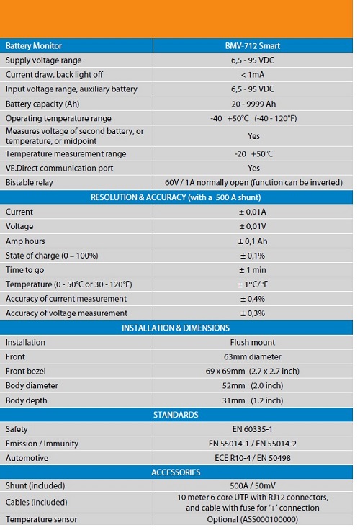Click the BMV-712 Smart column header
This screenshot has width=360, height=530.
[x=253, y=46]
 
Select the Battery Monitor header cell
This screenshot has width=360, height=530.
[x=34, y=46]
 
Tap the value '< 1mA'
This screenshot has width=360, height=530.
[x=253, y=75]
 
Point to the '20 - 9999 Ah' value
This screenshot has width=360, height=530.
[x=253, y=104]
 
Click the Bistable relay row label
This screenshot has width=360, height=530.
[x=30, y=183]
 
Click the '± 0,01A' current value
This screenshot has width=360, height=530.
[x=253, y=212]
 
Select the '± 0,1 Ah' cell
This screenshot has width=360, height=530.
[x=253, y=241]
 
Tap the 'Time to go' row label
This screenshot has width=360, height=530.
[x=24, y=270]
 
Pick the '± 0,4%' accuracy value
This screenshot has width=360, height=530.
[x=253, y=299]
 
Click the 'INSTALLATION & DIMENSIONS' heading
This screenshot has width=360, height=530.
[x=176, y=328]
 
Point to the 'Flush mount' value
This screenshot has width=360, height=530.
[x=253, y=342]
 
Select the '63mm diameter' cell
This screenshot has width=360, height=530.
[x=253, y=357]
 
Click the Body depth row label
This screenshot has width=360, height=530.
[x=27, y=400]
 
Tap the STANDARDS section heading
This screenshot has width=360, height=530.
[x=176, y=415]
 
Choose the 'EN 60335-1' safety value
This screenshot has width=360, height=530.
[x=253, y=429]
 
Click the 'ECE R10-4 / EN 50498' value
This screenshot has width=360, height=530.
[x=253, y=458]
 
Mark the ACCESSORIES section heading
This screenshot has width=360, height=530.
[x=176, y=472]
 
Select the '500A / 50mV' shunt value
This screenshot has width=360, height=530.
[x=253, y=486]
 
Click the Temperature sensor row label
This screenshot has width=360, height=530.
[x=41, y=519]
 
